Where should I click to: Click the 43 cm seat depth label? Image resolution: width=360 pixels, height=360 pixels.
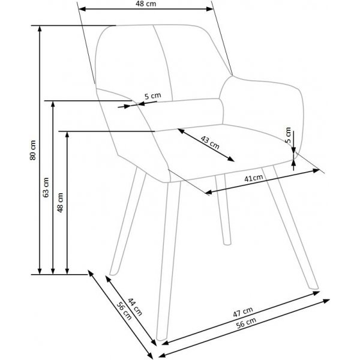(x=209, y=143)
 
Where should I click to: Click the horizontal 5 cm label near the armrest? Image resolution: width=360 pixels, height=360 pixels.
(x=152, y=95)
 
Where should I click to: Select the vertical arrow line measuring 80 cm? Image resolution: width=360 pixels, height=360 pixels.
(x=40, y=150)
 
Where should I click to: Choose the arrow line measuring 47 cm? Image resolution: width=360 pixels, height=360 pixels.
(x=245, y=322)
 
